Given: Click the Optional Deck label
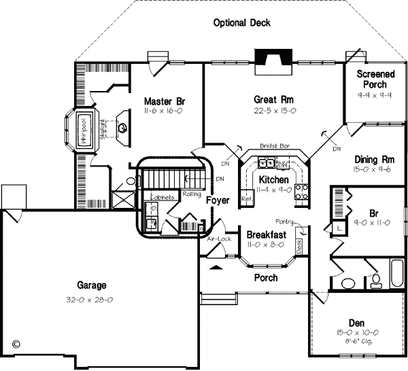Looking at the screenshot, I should [241, 22].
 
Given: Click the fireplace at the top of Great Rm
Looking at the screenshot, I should [270, 62].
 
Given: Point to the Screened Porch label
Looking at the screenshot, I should [374, 79].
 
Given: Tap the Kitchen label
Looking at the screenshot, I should [273, 179].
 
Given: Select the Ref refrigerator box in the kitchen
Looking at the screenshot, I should [247, 198].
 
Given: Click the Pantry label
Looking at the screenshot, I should [284, 222].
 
